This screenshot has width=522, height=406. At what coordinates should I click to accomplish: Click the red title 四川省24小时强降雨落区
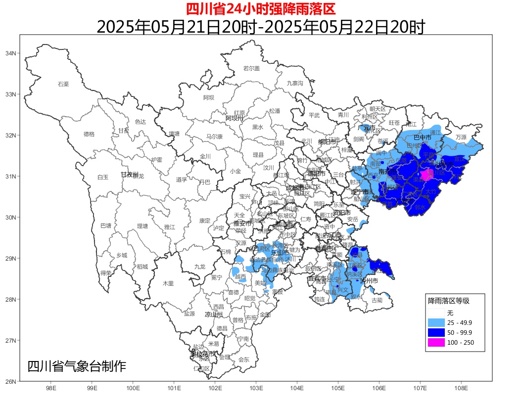tap(261, 8)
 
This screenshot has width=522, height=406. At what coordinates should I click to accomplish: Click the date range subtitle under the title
tap(261, 27)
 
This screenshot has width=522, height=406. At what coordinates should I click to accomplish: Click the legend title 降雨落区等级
tap(448, 301)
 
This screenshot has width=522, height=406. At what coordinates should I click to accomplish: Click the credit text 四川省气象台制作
tap(77, 366)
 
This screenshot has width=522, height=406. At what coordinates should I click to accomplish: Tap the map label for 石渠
tap(63, 84)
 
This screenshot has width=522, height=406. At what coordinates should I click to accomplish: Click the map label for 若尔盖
tap(251, 68)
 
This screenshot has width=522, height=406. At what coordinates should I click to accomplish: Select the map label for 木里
tap(168, 283)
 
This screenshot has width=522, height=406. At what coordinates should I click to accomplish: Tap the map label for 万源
tap(461, 137)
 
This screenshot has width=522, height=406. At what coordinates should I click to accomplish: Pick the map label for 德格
tap(89, 134)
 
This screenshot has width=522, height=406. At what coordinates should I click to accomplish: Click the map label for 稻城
tap(142, 267)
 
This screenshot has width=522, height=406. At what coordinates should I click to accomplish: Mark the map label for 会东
tap(244, 360)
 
